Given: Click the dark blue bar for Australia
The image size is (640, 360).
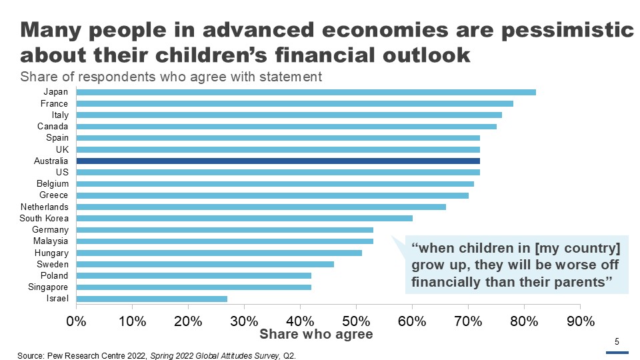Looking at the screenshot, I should tap(278, 161).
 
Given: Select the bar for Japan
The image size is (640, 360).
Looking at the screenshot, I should tap(306, 92).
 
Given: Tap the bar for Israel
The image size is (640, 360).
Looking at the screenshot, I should tap(152, 299).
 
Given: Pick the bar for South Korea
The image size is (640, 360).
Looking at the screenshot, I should tap(245, 218).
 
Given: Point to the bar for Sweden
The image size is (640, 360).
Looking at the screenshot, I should tap(205, 264).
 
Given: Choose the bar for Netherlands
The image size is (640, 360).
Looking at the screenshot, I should tap(261, 207).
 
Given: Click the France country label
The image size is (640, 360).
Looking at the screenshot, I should tap(54, 103).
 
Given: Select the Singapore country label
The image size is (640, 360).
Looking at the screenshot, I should tap(49, 287).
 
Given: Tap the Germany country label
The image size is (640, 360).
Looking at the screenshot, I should tap(50, 229).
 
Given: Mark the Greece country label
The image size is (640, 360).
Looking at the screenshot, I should tap(54, 195).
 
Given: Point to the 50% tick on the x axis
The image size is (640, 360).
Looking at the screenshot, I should tap(356, 321).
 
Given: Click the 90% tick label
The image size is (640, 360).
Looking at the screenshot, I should tap(580, 321).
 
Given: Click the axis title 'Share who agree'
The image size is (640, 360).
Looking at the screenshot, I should tap(316, 333).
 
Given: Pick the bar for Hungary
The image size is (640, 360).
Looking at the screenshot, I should tap(219, 253).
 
